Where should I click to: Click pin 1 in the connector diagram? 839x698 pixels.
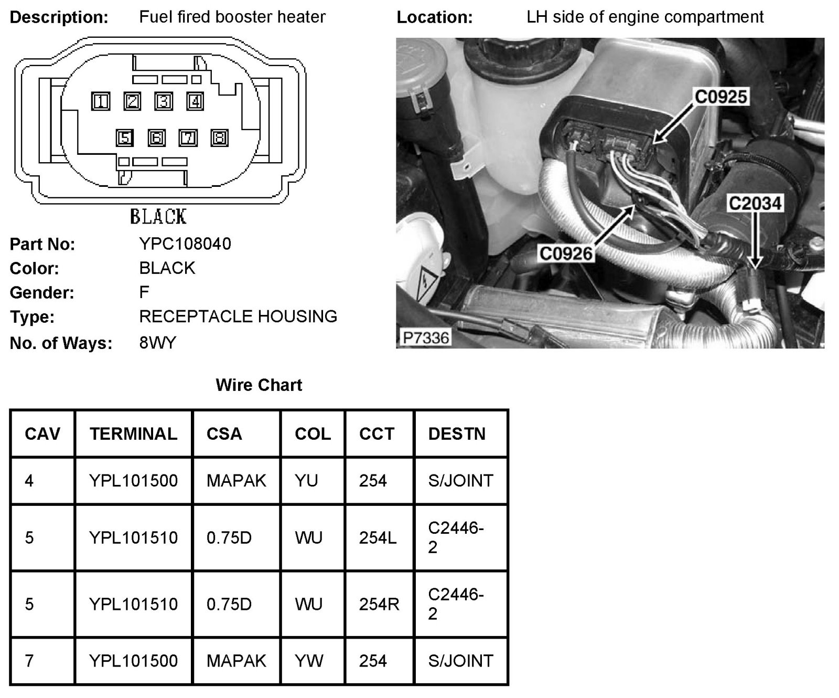(x=101, y=101)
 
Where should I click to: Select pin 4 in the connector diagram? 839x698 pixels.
(x=195, y=101)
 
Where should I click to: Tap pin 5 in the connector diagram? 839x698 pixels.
(x=124, y=138)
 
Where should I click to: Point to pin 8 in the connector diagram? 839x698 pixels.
(x=219, y=138)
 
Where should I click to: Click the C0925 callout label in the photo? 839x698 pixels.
(x=720, y=97)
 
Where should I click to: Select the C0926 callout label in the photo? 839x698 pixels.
(x=566, y=254)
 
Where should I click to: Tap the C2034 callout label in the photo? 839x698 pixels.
(x=755, y=203)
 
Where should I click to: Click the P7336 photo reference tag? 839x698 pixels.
(x=425, y=337)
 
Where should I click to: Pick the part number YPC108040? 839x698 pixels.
(x=185, y=244)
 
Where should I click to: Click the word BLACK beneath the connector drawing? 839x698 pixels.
(x=158, y=216)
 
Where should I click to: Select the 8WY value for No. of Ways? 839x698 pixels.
(x=158, y=343)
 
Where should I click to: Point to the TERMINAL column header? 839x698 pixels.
(x=133, y=434)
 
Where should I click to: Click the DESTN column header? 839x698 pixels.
(x=457, y=434)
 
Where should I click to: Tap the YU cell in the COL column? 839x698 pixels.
(x=306, y=481)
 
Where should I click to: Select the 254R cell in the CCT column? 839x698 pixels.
(x=379, y=604)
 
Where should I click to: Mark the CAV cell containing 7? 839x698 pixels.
(x=29, y=661)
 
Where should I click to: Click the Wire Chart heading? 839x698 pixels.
(x=259, y=385)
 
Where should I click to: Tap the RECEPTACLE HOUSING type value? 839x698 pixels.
(x=238, y=316)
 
